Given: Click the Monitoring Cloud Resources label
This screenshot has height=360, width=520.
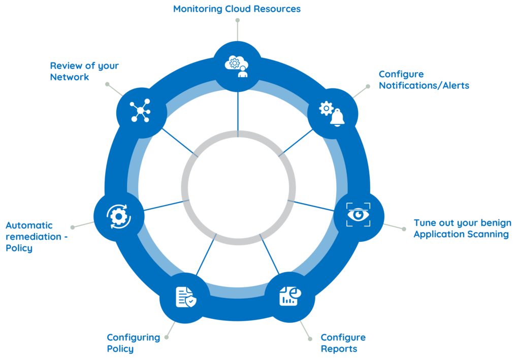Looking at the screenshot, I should click(x=237, y=9).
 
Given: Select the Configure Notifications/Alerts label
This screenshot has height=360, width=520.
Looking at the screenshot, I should click(x=424, y=80).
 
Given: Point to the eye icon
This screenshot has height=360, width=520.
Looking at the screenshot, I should click(x=359, y=215).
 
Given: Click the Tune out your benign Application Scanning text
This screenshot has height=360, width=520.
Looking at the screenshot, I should click(x=462, y=228).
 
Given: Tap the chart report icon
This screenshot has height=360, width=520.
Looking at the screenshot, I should click(x=290, y=296).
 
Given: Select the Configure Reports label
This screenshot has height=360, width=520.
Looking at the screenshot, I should click(x=343, y=343).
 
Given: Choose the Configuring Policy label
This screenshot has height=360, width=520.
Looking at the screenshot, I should click(x=133, y=343).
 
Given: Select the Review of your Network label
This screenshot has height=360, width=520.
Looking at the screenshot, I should click(x=84, y=71).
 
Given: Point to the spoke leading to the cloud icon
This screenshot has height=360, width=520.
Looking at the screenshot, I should click(x=238, y=112).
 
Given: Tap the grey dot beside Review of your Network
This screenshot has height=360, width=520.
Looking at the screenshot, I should click(x=107, y=83).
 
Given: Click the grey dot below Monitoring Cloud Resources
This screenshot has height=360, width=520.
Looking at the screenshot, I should click(x=237, y=20).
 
